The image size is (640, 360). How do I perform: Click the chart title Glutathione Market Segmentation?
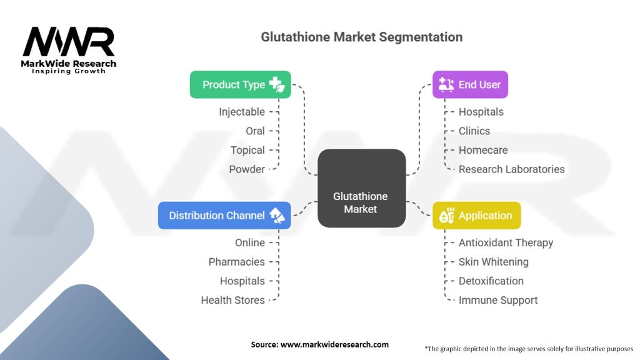pos(361,37)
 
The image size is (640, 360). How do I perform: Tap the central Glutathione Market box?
pos(361,188)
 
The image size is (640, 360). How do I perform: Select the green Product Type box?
pos(240,84)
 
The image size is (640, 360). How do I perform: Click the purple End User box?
pos(470,84)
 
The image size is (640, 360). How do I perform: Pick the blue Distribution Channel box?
pos(224,216)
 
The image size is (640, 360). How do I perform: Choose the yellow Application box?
pos(476,216)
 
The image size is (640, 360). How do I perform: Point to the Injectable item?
pos(241,112)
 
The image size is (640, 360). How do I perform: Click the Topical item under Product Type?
pos(247,150)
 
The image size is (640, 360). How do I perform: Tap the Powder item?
pos(246,169)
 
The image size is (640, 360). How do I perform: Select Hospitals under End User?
pos(481,112)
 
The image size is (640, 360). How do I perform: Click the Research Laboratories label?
pos(511,169)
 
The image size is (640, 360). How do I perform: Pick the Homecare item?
pos(483,150)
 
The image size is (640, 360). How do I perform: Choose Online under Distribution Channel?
pos(250,242)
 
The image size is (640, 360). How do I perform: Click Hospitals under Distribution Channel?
pos(242,281)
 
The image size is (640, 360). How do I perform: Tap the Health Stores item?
pos(232,300)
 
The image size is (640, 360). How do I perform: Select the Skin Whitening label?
pos(493,262)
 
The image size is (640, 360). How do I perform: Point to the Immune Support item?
pos(498,300)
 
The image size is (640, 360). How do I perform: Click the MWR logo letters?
pos(69,43)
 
